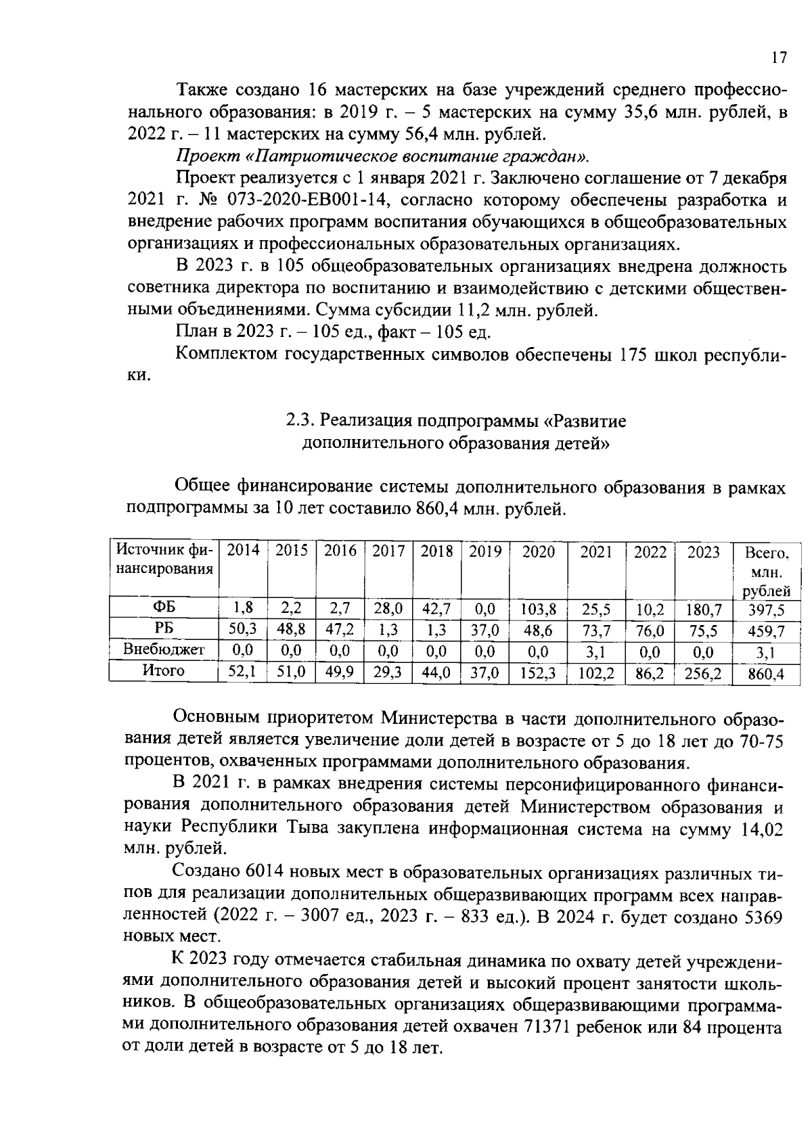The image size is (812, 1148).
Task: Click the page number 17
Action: pos(779,58)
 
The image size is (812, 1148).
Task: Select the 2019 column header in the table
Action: pos(485,551)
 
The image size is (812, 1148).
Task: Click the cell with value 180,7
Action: pos(704,610)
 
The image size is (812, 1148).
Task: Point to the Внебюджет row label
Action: pos(164,650)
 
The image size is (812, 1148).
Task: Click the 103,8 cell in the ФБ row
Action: pos(539,610)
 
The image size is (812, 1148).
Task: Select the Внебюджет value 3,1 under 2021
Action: pos(596,652)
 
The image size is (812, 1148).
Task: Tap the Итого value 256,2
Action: pos(704,674)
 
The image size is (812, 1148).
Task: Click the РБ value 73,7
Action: pos(596,630)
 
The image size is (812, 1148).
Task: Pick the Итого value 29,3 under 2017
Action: pos(388,673)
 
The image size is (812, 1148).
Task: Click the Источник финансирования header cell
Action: pos(163,560)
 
